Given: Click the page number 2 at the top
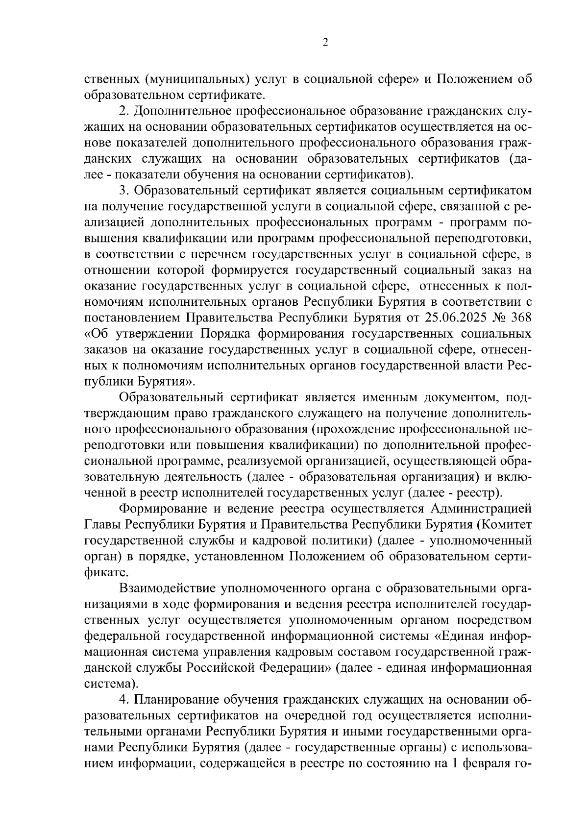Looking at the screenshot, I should pyautogui.click(x=325, y=43).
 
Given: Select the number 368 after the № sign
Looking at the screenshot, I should pyautogui.click(x=521, y=318).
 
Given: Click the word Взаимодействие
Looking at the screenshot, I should pyautogui.click(x=168, y=588).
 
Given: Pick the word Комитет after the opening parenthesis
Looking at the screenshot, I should pyautogui.click(x=506, y=524).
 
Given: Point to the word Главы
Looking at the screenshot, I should pyautogui.click(x=103, y=524).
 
